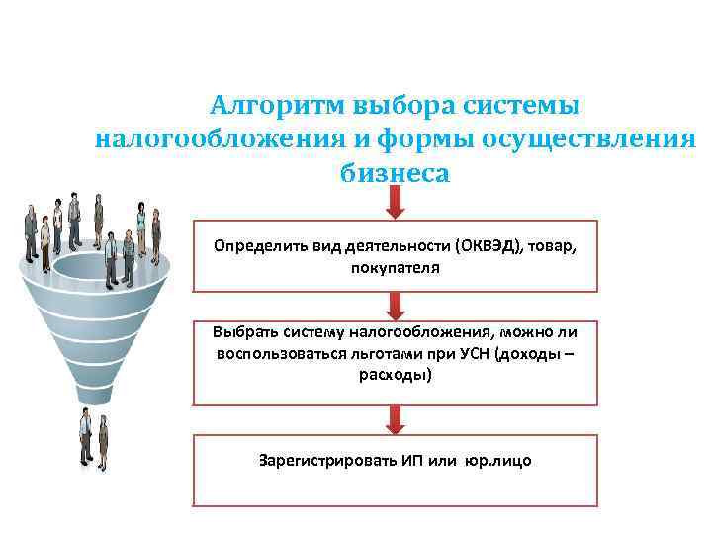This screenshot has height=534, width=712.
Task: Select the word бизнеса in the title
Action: pyautogui.click(x=394, y=173)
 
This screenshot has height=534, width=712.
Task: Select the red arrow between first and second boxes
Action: pyautogui.click(x=395, y=307)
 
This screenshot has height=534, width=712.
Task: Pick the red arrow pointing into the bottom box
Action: pyautogui.click(x=395, y=419)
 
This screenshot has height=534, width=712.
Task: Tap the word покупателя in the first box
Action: pyautogui.click(x=395, y=267)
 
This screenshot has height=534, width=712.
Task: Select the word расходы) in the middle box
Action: pyautogui.click(x=395, y=375)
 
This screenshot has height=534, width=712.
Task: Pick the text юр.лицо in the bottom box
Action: pyautogui.click(x=499, y=461)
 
